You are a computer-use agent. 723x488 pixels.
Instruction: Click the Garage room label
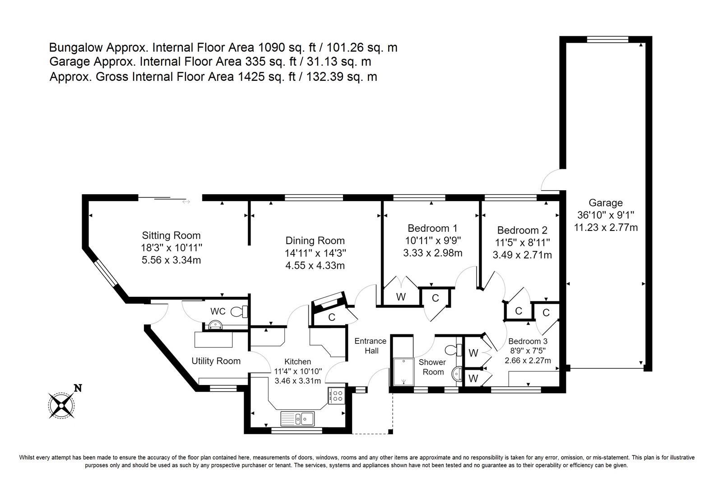coord(606,203)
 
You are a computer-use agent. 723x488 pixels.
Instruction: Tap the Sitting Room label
coord(171,235)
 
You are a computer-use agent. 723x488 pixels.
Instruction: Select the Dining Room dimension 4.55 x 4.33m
coord(315,265)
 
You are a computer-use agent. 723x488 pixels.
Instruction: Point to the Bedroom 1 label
coord(432,228)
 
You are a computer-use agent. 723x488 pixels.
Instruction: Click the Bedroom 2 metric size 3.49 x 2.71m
coord(522,255)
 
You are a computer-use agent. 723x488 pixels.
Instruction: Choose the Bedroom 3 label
coord(528,341)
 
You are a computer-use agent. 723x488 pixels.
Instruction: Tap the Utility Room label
coord(216,361)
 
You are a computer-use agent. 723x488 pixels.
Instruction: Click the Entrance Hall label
coord(371,346)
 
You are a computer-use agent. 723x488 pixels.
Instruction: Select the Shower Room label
coord(432,367)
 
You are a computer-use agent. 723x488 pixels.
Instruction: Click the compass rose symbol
coord(61,405)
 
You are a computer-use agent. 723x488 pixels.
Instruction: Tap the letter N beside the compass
coord(78,388)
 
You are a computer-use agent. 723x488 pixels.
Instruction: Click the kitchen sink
coord(297,418)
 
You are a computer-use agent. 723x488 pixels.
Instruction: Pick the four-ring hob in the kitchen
coord(337,395)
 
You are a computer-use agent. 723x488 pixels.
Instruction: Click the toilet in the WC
coord(239,311)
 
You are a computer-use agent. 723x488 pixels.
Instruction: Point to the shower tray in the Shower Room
coord(403,372)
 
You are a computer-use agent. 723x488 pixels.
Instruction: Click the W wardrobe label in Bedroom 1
coord(401,297)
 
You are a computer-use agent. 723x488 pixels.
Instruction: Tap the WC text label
coord(218,311)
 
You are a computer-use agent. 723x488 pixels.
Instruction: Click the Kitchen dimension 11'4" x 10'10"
coord(298,371)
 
